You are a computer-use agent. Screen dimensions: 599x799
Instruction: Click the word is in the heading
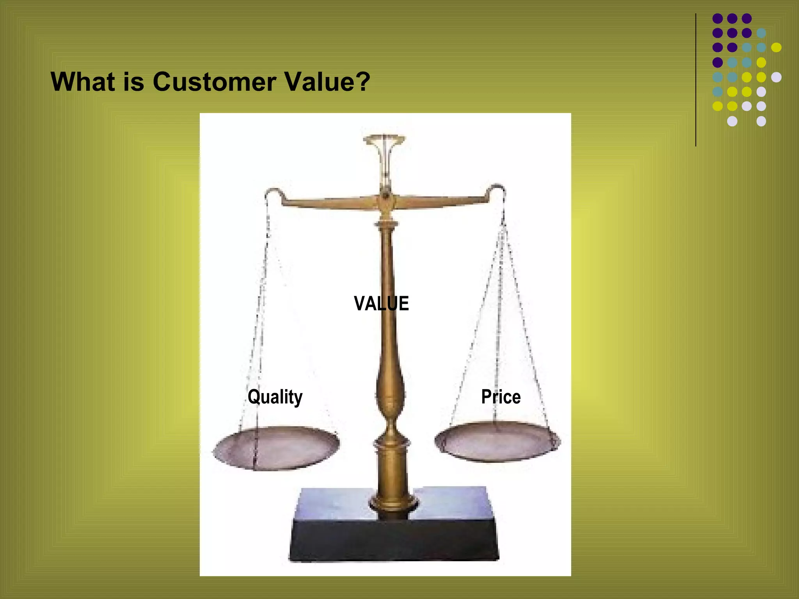133,82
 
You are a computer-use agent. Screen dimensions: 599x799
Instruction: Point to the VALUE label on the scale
381,303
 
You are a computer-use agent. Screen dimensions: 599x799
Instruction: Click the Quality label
275,397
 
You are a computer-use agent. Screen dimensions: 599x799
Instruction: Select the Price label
501,397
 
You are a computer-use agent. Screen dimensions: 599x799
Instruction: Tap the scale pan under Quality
276,447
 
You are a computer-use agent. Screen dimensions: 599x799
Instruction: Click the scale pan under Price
497,441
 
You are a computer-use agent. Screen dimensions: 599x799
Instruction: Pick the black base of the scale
394,540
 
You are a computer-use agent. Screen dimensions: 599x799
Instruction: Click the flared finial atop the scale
385,140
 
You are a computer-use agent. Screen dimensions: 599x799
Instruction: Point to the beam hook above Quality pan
273,192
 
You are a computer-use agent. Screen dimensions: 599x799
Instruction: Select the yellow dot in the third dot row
776,48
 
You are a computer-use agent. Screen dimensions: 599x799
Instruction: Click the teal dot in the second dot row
761,33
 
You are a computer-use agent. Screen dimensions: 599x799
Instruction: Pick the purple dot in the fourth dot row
717,62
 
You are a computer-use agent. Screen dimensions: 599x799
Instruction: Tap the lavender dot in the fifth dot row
776,77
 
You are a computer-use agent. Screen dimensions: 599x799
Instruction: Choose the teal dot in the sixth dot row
717,92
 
